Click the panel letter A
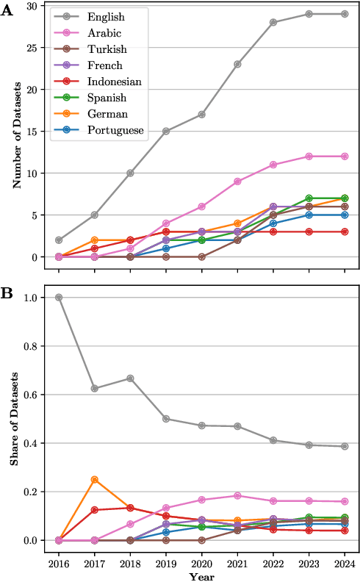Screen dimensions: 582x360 [7, 12]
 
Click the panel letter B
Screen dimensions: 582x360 [7, 292]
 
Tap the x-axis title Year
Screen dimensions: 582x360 [201, 577]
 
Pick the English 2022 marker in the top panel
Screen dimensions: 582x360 [273, 22]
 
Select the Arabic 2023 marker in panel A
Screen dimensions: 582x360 [309, 157]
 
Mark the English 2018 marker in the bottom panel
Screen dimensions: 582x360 [131, 378]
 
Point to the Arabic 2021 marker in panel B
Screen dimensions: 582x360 [237, 496]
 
